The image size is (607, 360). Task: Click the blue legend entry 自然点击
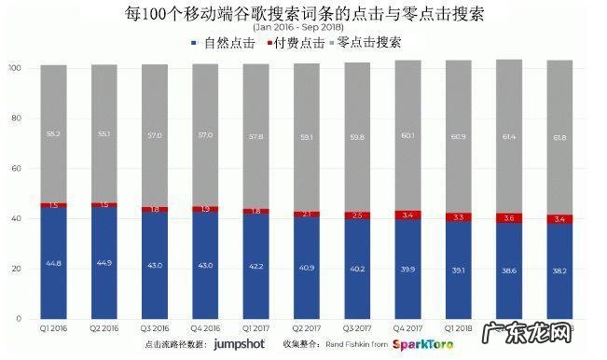[x=224, y=44]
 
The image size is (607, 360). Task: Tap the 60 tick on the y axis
[x=16, y=169]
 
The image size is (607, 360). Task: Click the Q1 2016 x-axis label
[x=53, y=328]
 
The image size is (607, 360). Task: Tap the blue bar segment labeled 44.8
[x=53, y=263]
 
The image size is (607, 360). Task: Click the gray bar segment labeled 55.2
[x=53, y=133]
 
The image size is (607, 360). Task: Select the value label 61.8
[x=559, y=138]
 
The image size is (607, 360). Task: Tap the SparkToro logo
[x=425, y=345]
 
